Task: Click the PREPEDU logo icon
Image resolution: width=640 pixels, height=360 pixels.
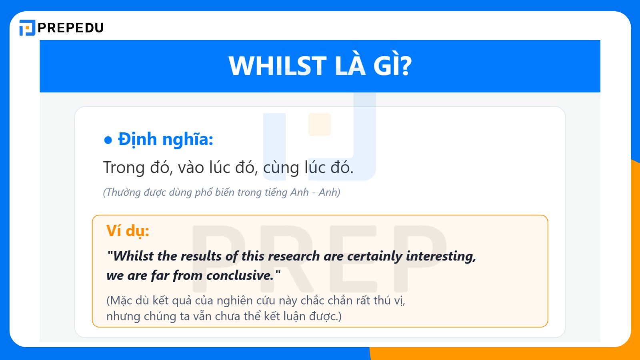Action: (27, 28)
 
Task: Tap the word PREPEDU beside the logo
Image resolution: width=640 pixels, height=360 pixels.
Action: (71, 28)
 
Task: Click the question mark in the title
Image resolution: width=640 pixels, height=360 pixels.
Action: (406, 66)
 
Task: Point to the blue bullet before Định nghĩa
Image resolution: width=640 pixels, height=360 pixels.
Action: (108, 140)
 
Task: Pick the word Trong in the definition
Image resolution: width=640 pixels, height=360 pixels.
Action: (123, 167)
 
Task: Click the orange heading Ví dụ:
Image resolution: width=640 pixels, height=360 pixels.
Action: (128, 231)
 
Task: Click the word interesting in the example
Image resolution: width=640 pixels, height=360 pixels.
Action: (441, 256)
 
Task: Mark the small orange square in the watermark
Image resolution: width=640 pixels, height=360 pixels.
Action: (319, 124)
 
